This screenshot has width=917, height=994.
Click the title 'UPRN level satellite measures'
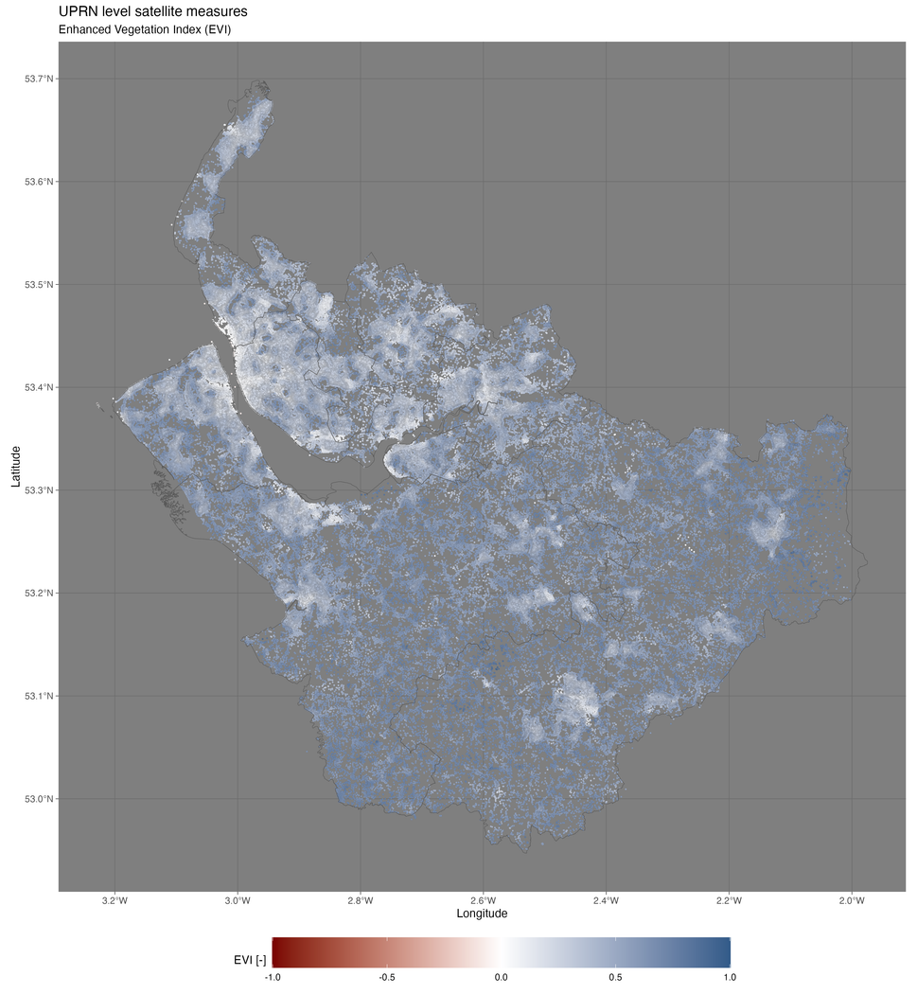pos(152,11)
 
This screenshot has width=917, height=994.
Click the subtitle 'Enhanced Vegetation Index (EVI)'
pos(145,29)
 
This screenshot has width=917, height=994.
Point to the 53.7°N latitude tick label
pos(39,79)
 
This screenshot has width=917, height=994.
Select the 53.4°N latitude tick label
pos(39,387)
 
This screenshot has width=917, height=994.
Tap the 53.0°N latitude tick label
pos(39,799)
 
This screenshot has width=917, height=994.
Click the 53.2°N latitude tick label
pos(39,594)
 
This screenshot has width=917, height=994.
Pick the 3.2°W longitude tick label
pos(115,899)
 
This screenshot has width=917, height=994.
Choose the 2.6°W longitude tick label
pos(483,899)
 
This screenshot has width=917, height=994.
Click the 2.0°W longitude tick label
pos(852,899)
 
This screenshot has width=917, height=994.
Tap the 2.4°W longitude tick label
pos(606,899)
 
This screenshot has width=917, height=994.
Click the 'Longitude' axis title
pos(482,914)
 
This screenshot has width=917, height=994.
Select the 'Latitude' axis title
pos(16,466)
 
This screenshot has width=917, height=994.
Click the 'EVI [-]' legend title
pos(250,961)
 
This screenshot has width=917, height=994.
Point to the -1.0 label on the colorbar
pos(272,977)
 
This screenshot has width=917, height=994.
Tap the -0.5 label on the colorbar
pos(386,977)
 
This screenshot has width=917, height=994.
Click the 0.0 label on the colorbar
pos(502,977)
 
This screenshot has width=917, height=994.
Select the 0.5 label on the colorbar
pos(616,977)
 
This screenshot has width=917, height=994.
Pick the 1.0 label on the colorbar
pos(731,977)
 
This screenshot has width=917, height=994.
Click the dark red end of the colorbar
pos(276,951)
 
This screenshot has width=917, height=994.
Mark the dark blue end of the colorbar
pos(727,951)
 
